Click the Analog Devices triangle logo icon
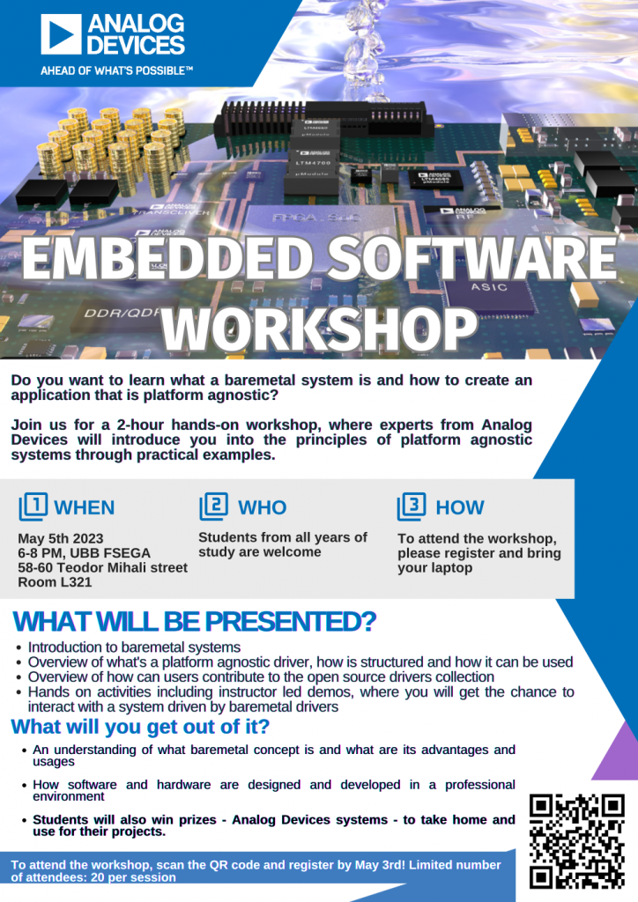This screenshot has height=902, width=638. coord(60,35)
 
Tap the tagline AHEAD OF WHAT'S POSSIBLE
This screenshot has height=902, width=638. coord(116,70)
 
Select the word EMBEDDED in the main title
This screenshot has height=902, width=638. coord(166,259)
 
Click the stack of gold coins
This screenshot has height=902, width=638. coord(110,141)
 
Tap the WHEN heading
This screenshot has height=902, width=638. coord(84,507)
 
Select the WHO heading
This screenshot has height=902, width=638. coord(262,507)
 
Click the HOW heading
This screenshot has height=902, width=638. coord(459,507)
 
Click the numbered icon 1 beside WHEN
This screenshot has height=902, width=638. coord(33,506)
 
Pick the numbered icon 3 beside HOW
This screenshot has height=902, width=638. coord(412,506)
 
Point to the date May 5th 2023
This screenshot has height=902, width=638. coord(61,538)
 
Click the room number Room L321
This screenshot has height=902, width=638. coord(55,582)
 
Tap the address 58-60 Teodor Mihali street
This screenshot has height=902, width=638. coord(102,567)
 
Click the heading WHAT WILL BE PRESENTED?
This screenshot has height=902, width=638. coord(194,622)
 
